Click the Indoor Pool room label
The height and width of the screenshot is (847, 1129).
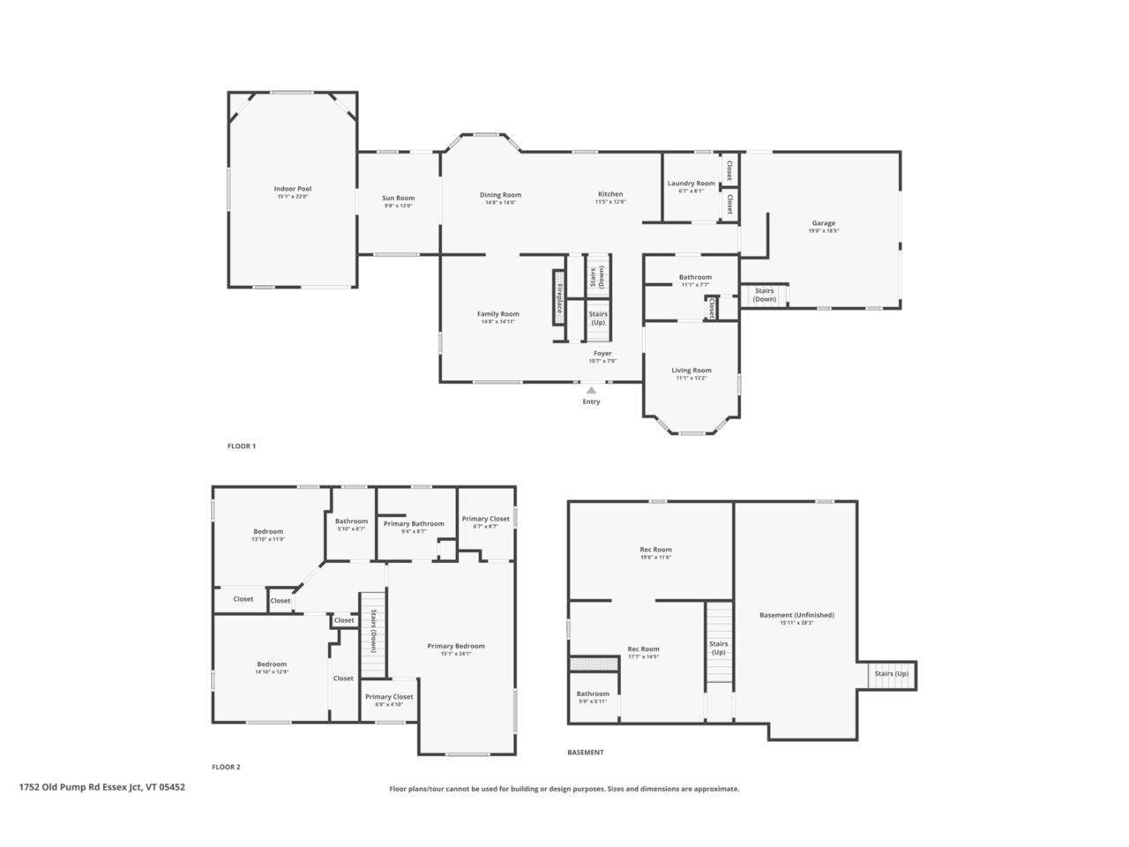(292, 189)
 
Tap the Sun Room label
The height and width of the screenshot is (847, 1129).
(398, 198)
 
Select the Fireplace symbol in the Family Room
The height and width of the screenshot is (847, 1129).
(558, 296)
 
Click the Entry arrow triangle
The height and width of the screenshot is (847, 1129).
(591, 390)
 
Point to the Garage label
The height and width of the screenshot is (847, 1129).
(823, 223)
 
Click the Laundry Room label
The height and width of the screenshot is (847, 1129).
(691, 184)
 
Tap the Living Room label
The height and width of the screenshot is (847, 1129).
(691, 371)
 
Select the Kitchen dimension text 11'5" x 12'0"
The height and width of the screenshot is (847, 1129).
(610, 203)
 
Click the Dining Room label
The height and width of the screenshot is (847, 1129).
(500, 195)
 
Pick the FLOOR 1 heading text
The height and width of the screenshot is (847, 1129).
(241, 446)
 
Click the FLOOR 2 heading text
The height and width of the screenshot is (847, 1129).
(226, 767)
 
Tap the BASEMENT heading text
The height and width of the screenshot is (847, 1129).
(586, 753)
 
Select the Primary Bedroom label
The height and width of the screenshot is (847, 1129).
(455, 646)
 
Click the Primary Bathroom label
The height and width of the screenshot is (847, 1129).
(414, 524)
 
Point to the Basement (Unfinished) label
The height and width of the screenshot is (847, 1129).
(796, 615)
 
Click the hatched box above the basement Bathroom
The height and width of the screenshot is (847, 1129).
(593, 663)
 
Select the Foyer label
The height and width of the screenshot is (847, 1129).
(602, 353)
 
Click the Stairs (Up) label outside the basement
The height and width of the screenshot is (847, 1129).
(890, 674)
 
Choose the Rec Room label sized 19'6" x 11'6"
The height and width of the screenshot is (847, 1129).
(655, 550)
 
